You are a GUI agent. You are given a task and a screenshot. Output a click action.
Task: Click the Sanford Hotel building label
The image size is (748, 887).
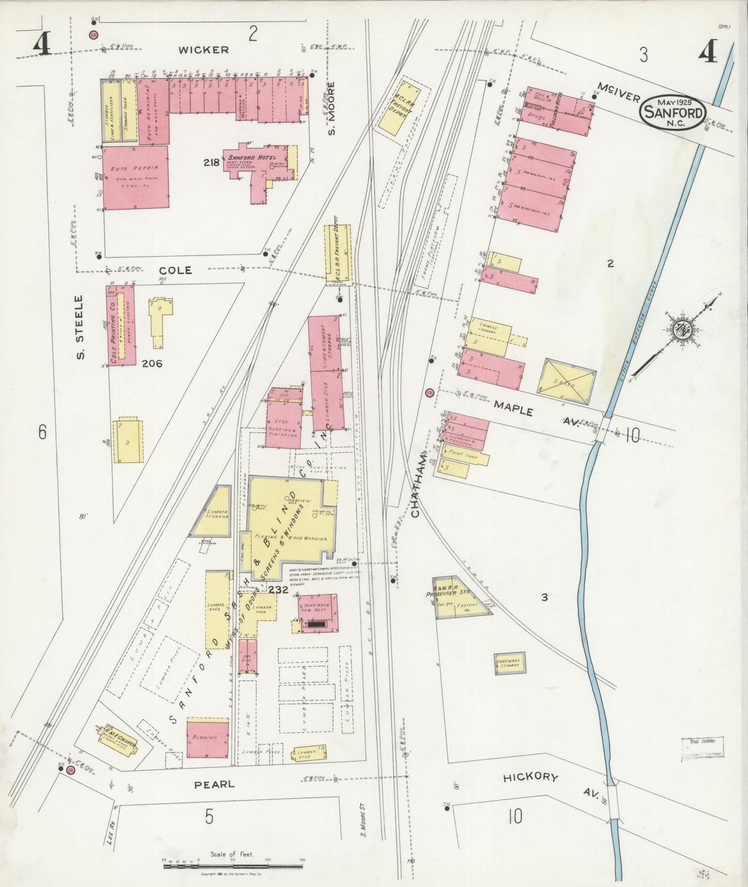[254, 157]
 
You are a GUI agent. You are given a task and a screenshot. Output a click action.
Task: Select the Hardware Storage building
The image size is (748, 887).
[510, 663]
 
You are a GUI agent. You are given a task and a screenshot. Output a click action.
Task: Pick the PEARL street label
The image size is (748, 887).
[214, 784]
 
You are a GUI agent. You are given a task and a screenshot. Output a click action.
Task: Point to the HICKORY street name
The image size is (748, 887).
[531, 777]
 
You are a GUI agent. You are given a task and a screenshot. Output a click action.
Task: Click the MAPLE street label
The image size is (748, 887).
[512, 408]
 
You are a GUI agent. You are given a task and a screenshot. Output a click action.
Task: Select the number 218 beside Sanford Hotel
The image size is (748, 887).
[211, 162]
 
